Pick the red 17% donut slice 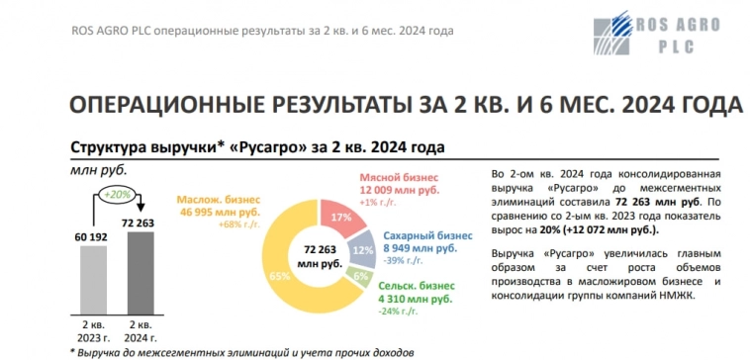(x=341, y=217)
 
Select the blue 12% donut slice (x=362, y=251)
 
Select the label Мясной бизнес (x=391, y=175)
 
